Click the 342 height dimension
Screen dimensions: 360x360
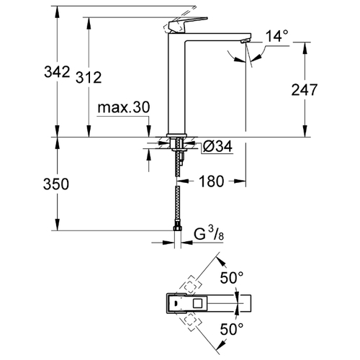pos(57,71)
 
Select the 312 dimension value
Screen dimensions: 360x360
pos(89,78)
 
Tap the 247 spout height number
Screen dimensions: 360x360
pos(305,90)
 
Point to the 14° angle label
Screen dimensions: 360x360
pos(276,36)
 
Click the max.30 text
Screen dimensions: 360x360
pos(124,107)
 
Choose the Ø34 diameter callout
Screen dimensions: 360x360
pos(217,146)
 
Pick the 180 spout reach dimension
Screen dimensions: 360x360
pos(211,181)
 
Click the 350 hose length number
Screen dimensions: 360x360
pos(56,184)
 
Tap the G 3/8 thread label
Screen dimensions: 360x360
pos(209,234)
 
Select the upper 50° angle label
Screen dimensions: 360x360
pos(232,278)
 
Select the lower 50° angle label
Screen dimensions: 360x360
pos(232,329)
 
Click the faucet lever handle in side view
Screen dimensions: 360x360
pos(188,25)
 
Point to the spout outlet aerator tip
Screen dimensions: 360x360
pos(246,41)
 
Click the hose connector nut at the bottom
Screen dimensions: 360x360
pos(177,228)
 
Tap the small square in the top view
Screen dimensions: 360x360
pos(198,304)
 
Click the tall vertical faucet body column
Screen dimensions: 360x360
pos(176,84)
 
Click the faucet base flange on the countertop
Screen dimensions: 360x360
pos(176,135)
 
